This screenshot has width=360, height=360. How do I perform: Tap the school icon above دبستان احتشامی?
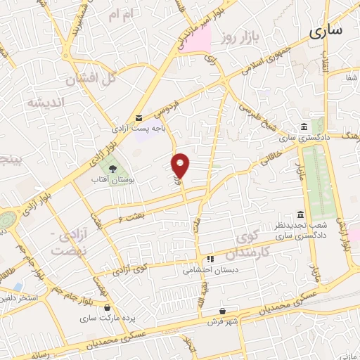[x=210, y=259]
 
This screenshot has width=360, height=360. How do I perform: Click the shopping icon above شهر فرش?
[x=223, y=311]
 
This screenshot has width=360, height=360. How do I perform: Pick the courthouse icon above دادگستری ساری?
[x=304, y=127]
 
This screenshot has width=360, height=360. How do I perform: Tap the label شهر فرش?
[x=223, y=321]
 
